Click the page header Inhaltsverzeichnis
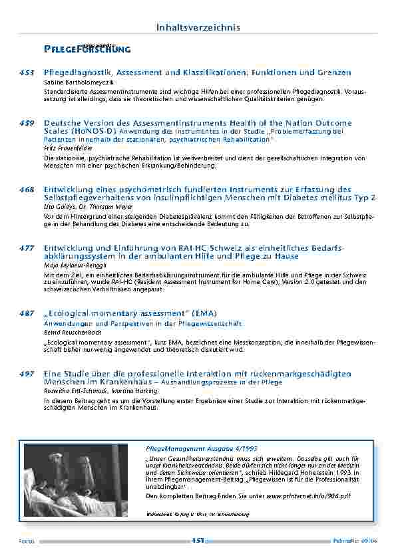198,27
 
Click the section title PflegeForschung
87,49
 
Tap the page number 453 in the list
27,72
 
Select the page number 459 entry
27,123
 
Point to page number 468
27,190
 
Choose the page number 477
27,247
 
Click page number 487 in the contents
27,313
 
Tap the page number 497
27,374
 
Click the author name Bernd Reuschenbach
74,331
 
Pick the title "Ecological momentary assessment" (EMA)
130,313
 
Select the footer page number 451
198,541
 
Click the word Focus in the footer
26,541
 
